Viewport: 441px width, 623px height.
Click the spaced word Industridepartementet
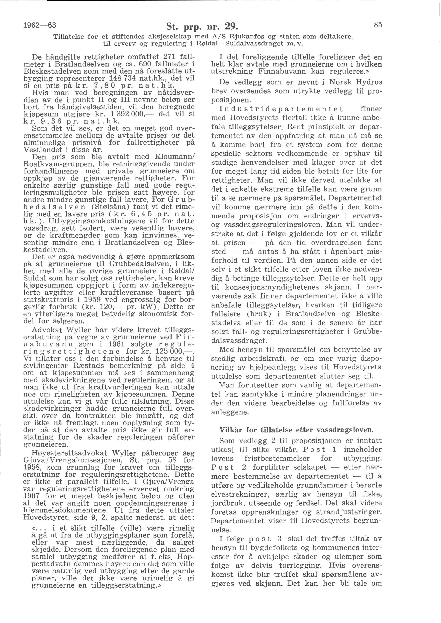point(282,109)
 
